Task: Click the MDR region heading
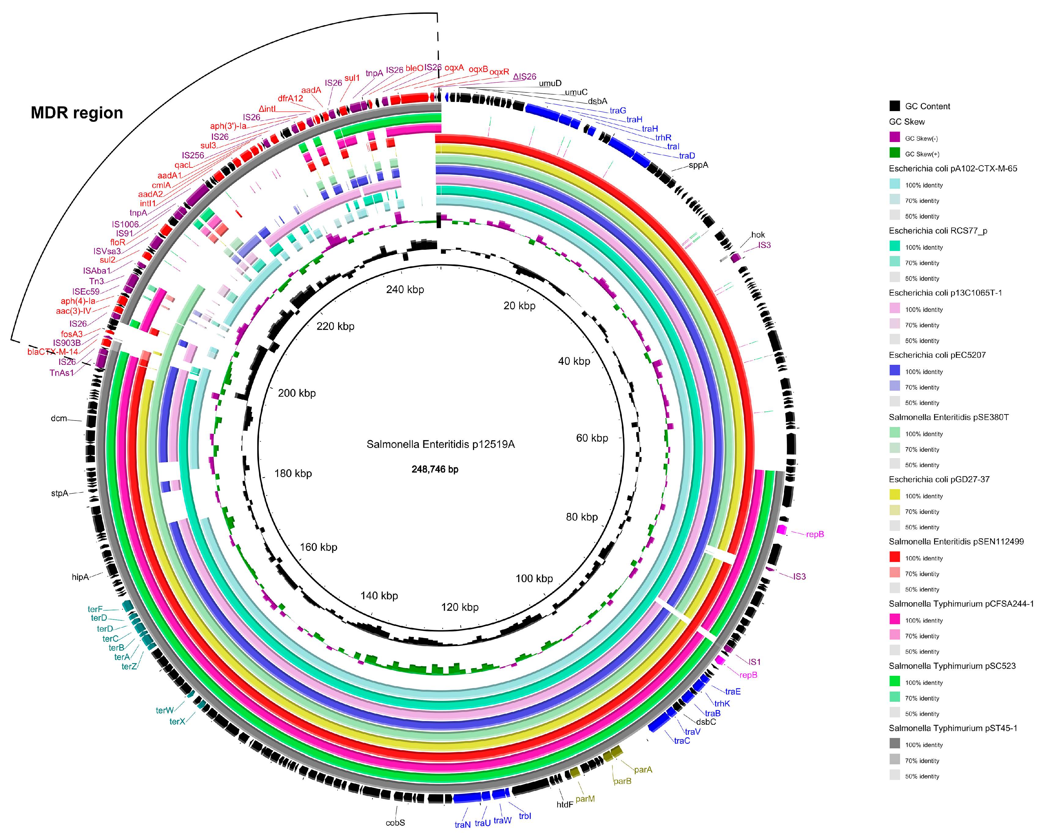coord(77,112)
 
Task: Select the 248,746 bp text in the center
coord(435,469)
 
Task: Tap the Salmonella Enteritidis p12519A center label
coord(440,444)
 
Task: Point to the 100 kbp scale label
coord(534,578)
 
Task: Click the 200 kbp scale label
coord(297,393)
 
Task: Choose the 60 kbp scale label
coord(592,438)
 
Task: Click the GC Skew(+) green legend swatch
coord(895,153)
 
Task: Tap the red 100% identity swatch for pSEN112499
coord(895,557)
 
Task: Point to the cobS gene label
coord(395,823)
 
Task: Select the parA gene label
coord(643,769)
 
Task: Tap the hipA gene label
coord(80,577)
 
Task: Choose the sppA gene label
coord(698,165)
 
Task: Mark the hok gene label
coord(758,235)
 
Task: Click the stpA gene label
coord(60,493)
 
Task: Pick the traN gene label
coord(462,825)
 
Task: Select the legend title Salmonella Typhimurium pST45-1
coord(953,728)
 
